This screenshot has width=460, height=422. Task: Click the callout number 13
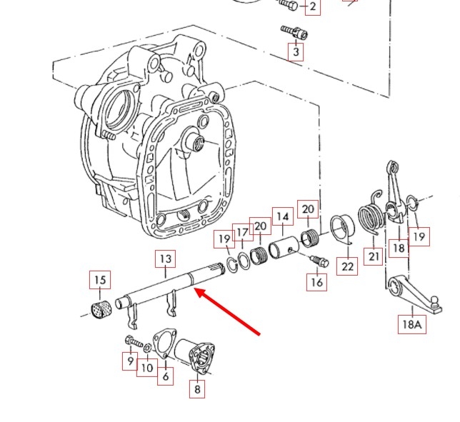coord(165,258)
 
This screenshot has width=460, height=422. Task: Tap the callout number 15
coord(99,279)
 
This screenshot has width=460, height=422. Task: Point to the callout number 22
coord(347,266)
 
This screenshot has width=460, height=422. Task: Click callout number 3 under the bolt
coord(295,52)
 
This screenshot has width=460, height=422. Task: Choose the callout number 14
coord(283,216)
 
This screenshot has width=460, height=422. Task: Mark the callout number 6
coord(165,376)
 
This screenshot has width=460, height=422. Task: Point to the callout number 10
coord(146,368)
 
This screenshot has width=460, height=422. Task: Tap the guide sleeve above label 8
coord(197,356)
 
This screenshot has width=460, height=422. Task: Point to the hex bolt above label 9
coord(131,341)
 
